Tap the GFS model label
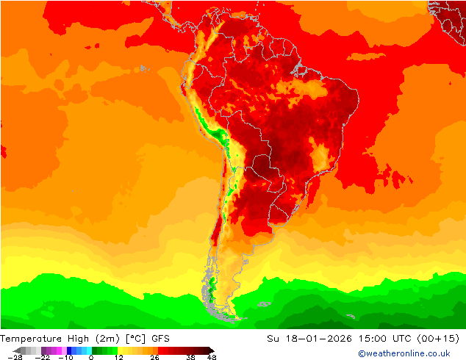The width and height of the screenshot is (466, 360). pos(160,338)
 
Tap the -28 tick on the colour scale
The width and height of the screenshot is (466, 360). pos(14,357)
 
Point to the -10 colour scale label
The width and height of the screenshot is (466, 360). pos(67,357)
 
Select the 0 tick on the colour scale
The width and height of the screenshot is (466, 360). pos(91,357)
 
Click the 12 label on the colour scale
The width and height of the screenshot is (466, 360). pos(118,357)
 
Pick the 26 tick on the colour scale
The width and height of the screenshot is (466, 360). pos(154,357)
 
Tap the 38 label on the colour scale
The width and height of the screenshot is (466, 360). pos(191,357)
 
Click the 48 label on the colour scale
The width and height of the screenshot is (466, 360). pos(212,357)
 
